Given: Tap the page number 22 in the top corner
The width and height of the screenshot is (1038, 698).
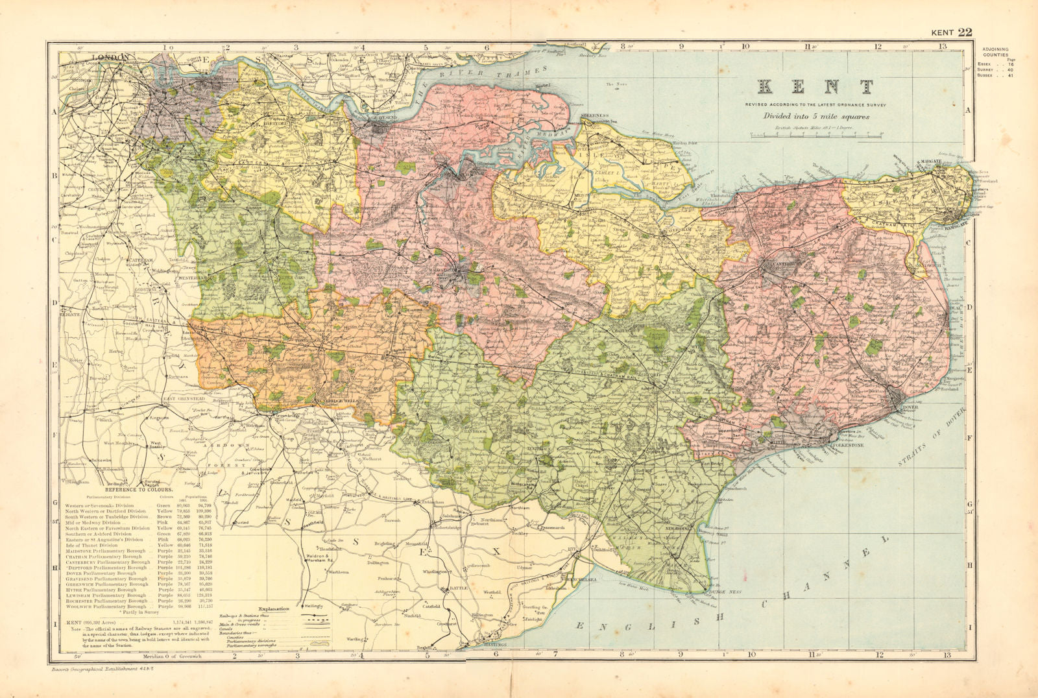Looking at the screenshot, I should [x=965, y=32].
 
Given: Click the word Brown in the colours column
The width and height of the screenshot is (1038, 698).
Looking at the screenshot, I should [x=162, y=516].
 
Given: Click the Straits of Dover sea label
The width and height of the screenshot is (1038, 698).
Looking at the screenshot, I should [x=931, y=436].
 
